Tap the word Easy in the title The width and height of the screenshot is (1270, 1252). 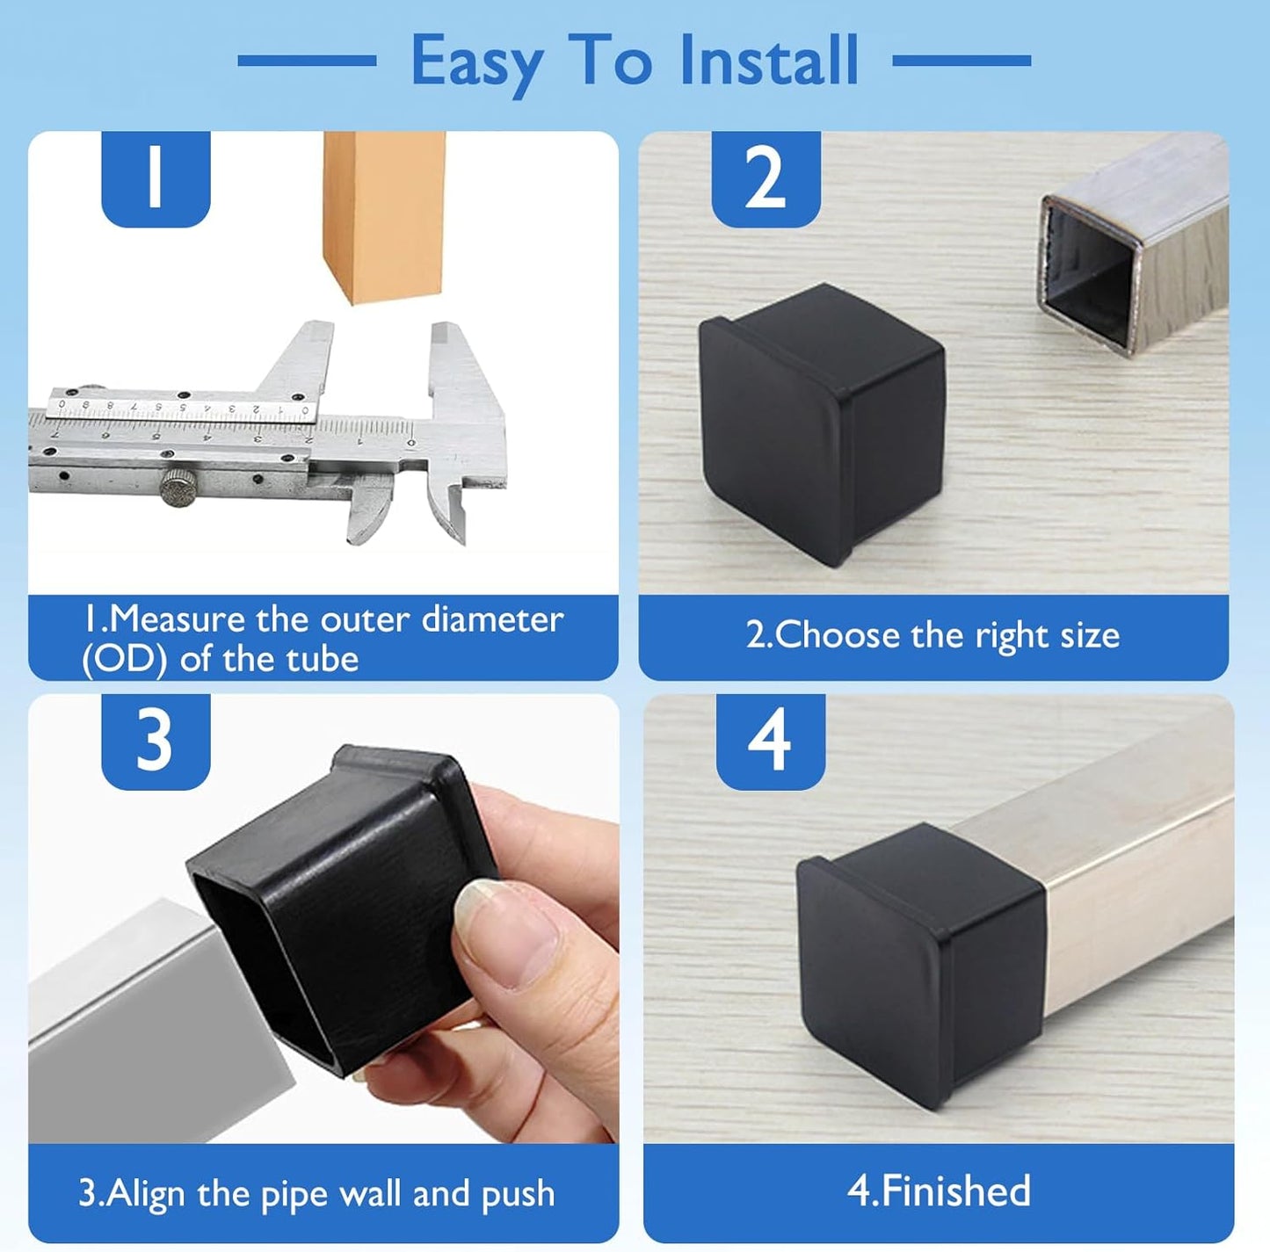point(477,62)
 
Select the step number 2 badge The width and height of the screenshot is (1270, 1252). point(765,177)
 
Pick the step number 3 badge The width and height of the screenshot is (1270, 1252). point(156,741)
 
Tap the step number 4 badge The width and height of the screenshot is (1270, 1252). point(770,741)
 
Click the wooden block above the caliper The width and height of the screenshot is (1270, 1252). point(384,215)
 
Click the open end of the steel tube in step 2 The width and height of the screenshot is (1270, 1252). point(1090,275)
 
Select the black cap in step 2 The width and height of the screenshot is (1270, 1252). point(822,422)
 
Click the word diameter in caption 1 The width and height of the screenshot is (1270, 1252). point(492,619)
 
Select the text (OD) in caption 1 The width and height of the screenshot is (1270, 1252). point(124,659)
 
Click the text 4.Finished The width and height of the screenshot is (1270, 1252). point(938,1191)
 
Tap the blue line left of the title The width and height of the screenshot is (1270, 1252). point(307,61)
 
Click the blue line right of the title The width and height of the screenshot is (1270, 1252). point(962,61)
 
